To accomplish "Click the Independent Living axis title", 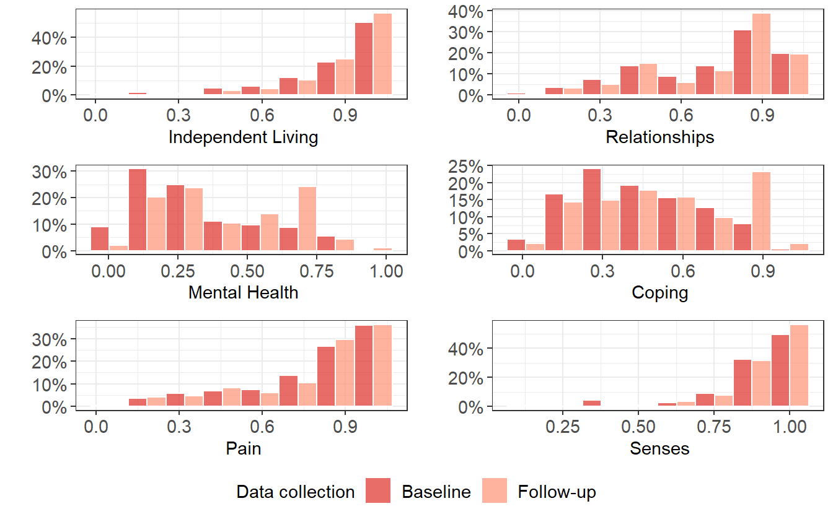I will tap(243, 137).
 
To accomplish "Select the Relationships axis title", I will tap(659, 137).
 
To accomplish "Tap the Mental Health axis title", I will tap(243, 292).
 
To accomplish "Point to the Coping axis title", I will tap(659, 292).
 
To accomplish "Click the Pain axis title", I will tap(243, 448).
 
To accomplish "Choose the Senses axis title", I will tap(659, 448).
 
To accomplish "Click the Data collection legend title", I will tap(296, 492).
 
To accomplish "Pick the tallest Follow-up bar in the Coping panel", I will tap(761, 211).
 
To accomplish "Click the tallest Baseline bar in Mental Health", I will tap(138, 211).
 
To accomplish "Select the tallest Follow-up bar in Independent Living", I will tap(382, 54).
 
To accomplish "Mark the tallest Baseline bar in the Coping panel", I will tap(592, 210).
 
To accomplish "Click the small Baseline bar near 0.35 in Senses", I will tap(592, 404).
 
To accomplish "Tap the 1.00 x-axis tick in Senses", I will tap(789, 427).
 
